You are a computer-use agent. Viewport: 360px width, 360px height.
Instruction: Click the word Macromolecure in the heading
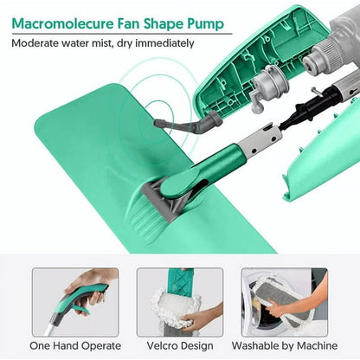62,23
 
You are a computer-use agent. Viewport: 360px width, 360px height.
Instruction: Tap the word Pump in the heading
206,24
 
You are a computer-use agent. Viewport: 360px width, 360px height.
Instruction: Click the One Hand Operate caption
75,345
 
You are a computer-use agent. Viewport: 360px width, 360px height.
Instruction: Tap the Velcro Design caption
180,345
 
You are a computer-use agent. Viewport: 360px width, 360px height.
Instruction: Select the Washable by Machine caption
285,345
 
